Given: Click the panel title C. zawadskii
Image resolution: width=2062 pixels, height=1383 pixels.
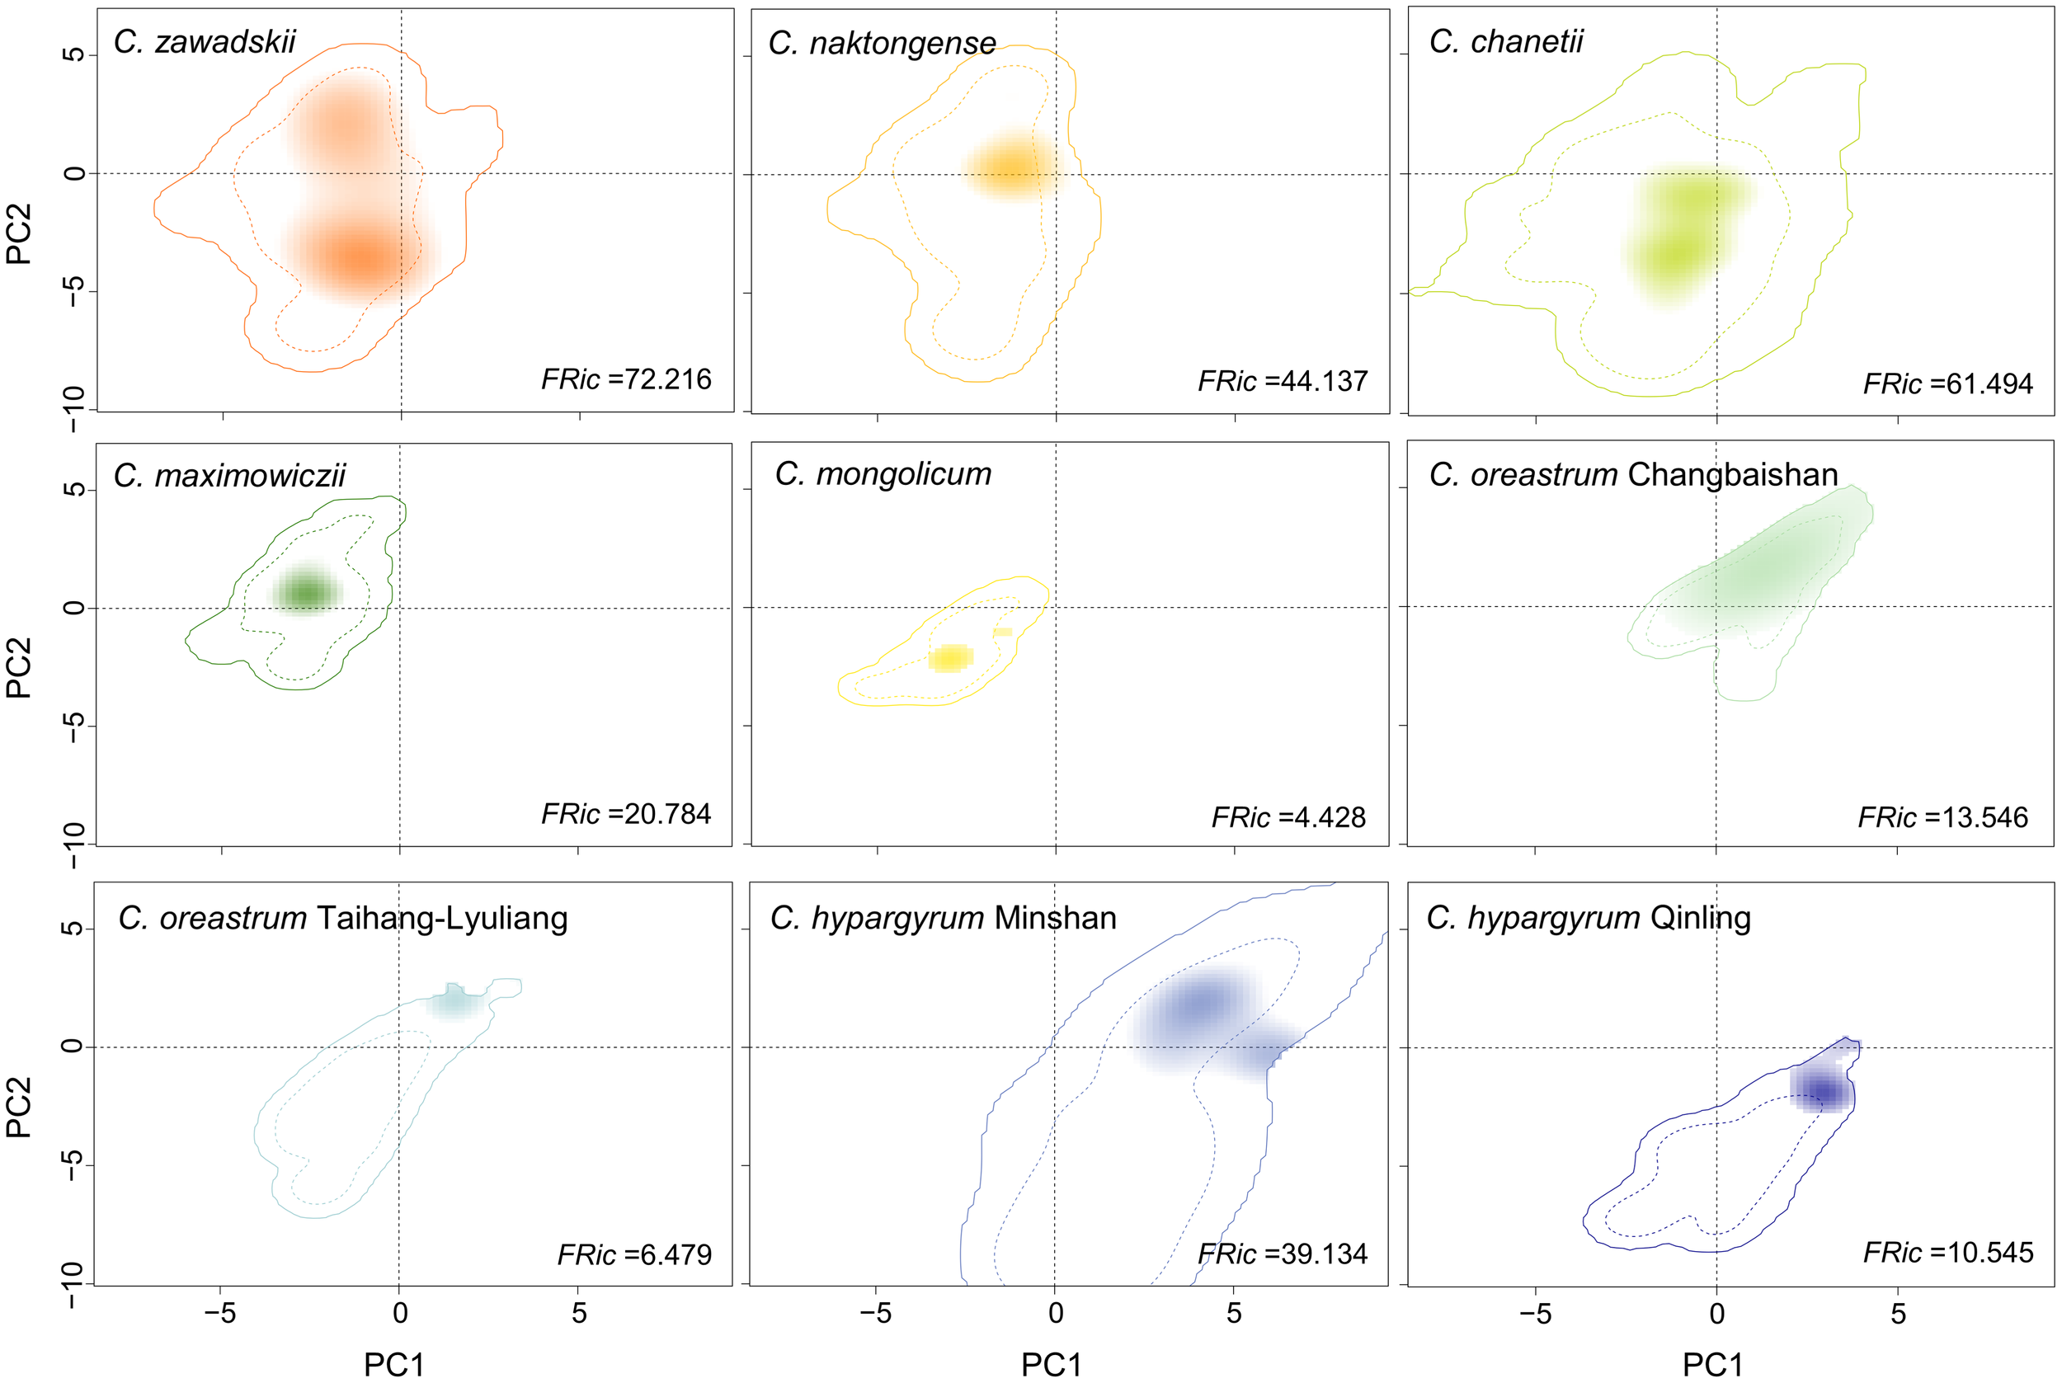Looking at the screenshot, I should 205,41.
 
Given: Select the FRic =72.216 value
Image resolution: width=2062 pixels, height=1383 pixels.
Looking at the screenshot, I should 626,379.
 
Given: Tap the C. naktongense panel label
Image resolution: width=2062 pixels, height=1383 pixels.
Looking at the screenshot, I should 882,42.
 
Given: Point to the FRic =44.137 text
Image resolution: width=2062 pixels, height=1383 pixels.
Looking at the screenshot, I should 1283,381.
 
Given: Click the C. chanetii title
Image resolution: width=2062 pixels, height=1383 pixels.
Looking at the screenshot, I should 1505,41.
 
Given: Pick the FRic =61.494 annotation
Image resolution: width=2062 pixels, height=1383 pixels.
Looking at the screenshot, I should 1947,383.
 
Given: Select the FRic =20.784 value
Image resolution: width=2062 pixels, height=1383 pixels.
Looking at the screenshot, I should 626,813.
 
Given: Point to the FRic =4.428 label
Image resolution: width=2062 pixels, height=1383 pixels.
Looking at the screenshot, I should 1288,817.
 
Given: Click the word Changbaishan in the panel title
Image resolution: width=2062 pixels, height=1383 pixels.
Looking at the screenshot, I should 1732,474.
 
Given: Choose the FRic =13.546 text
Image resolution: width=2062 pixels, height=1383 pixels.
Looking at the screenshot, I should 1943,817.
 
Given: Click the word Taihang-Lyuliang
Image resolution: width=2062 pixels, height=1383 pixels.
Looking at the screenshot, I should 442,918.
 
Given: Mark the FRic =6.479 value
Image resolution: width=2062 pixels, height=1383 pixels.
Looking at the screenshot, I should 634,1254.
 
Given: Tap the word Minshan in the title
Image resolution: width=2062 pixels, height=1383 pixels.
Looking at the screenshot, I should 1055,918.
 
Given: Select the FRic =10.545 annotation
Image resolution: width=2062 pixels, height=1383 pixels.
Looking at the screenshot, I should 1948,1253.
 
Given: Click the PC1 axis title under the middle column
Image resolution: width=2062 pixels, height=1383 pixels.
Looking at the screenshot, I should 1052,1365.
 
